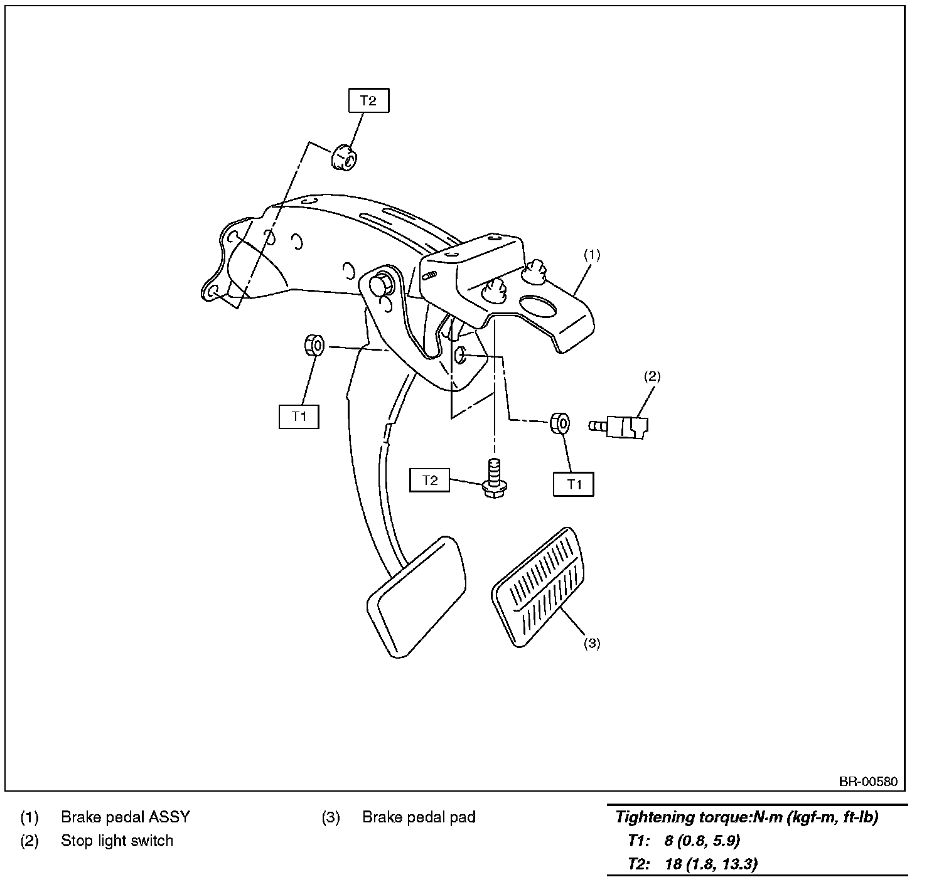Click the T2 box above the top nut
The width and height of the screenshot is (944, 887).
tap(368, 100)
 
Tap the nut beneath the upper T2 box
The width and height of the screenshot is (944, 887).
tap(343, 157)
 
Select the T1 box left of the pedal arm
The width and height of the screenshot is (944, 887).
tap(299, 417)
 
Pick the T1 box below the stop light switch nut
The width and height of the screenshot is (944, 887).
tap(574, 484)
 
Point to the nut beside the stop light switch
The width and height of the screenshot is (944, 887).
tap(560, 423)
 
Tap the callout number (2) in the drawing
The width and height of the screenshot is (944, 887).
tap(652, 376)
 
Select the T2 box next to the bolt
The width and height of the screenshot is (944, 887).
tap(429, 481)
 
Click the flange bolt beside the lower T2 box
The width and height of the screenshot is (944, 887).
tap(495, 481)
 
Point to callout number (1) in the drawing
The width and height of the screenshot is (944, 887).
tap(592, 255)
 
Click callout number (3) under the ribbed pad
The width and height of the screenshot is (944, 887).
tap(592, 644)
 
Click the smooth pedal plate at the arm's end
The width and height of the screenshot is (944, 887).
tap(416, 595)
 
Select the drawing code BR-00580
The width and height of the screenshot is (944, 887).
tap(868, 782)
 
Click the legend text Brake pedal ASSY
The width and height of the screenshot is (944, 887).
tap(125, 817)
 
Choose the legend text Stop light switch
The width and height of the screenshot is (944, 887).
tap(117, 841)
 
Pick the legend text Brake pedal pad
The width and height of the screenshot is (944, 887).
tap(419, 817)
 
